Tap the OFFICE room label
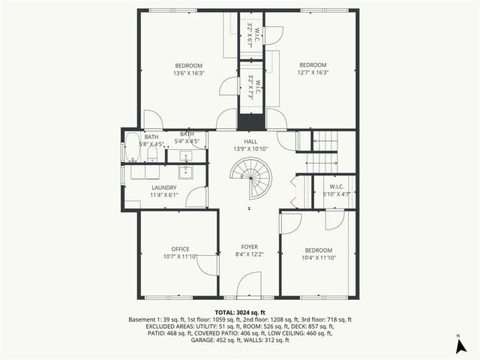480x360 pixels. point(180,249)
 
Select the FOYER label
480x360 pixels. point(249,247)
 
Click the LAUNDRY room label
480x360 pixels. point(163,187)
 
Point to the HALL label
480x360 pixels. point(250,141)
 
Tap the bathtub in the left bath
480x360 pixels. point(132,148)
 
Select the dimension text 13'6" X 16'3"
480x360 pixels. point(189,73)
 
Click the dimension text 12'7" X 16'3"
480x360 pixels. point(313,73)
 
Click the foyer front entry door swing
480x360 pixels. point(249,285)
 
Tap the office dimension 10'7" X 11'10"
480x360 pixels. point(180,256)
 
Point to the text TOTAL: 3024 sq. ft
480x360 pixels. point(240,312)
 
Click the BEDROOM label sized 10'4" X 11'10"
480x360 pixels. point(318,250)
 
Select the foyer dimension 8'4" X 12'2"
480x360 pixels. point(249,254)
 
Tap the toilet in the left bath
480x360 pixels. point(151,154)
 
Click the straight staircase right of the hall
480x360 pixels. point(325,150)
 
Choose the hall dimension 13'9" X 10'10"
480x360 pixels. point(250,148)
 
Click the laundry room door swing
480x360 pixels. point(196,197)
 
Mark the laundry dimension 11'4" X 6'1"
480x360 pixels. point(163,195)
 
